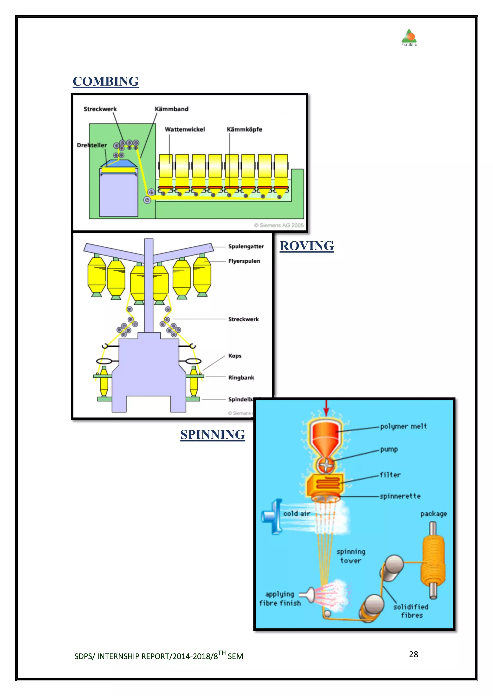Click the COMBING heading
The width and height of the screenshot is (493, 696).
point(105,81)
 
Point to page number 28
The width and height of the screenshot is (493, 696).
point(414,654)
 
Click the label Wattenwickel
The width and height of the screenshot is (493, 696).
point(185,130)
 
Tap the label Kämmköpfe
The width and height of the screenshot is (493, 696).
point(244,130)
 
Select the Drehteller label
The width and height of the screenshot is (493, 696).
point(92,145)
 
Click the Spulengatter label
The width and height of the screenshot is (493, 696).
point(246,246)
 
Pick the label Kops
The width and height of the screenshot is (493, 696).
point(235,356)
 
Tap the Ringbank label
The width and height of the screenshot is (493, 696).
point(241,377)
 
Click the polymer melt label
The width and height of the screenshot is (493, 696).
point(403,426)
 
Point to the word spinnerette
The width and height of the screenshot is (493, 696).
point(400,496)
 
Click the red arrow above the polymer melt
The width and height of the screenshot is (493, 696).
point(326,408)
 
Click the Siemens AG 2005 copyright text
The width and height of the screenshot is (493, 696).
point(279,225)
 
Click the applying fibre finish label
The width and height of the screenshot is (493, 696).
point(279,598)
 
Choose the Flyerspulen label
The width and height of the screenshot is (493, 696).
point(244,261)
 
